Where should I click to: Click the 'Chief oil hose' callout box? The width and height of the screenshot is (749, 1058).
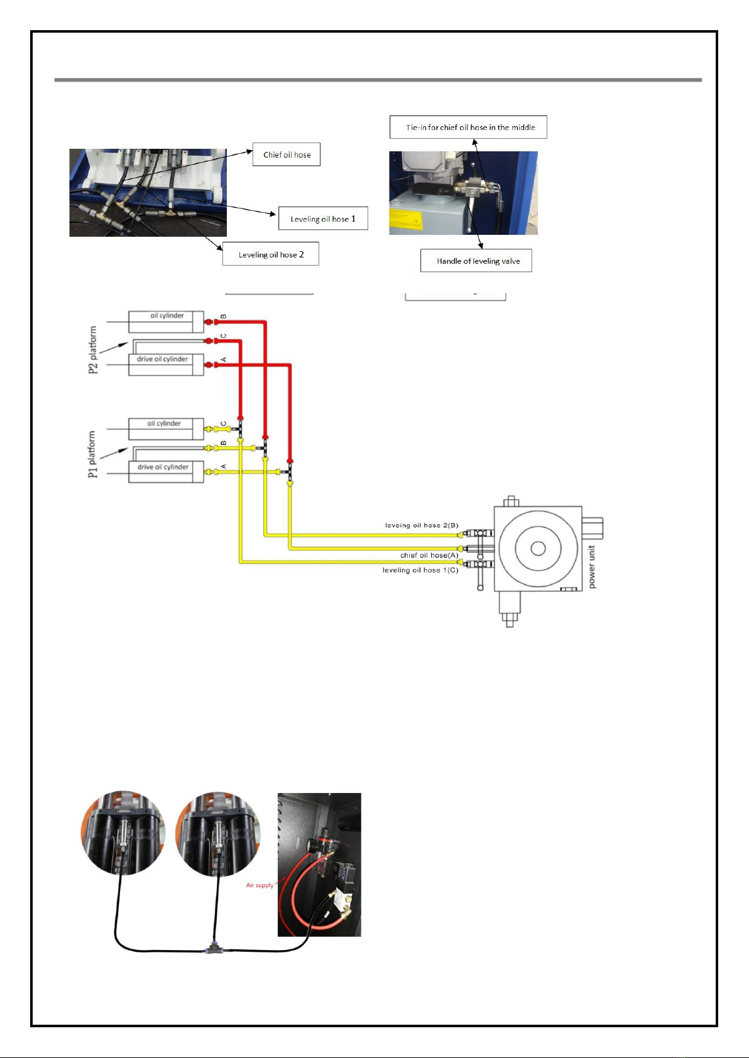tap(287, 154)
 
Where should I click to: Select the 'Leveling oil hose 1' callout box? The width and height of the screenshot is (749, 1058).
tap(323, 219)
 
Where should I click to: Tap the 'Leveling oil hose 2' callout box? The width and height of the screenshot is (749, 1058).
tap(271, 254)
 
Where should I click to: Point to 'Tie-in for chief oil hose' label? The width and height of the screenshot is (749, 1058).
tap(469, 127)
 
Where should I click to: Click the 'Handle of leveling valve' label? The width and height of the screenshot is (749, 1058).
tap(476, 261)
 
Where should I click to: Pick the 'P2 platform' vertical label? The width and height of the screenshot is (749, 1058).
tap(93, 349)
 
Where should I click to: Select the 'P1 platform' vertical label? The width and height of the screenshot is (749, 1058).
tap(93, 454)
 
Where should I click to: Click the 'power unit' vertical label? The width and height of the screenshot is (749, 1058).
tap(592, 567)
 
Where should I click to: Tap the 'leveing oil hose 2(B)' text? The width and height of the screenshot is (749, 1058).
tap(422, 526)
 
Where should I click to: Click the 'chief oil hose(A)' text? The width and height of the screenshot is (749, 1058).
tap(429, 555)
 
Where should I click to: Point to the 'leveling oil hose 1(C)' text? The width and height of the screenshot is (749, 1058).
tap(420, 570)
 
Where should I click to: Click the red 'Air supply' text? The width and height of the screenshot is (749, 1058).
tap(260, 885)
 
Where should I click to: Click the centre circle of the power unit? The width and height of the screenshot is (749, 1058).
tap(538, 548)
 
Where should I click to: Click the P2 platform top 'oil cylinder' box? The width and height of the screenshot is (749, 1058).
tap(166, 321)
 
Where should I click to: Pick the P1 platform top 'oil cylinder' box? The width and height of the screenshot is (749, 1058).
tap(166, 429)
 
